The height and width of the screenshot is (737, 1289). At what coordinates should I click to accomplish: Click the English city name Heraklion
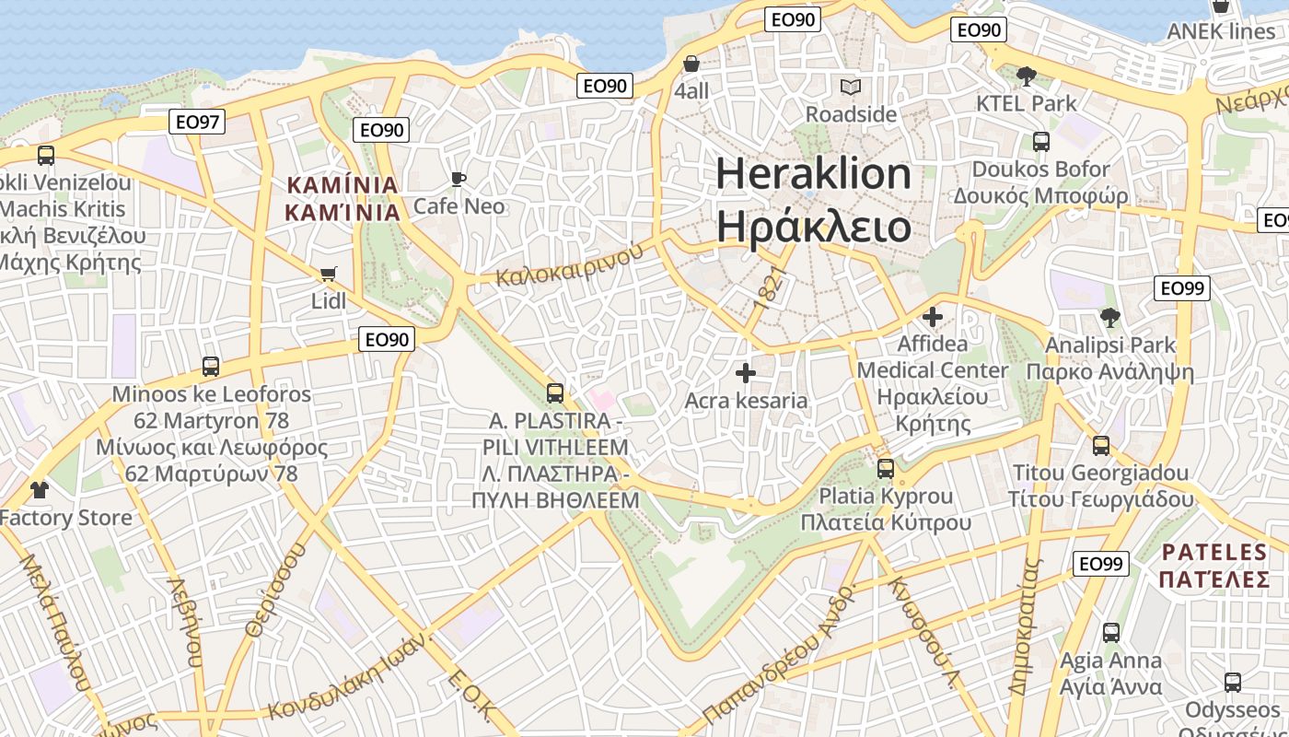pyautogui.click(x=814, y=173)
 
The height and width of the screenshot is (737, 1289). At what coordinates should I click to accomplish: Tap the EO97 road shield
pyautogui.click(x=197, y=121)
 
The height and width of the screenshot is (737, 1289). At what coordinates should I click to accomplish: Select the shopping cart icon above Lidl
pyautogui.click(x=328, y=274)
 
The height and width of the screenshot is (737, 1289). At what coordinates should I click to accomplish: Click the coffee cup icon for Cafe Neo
pyautogui.click(x=459, y=179)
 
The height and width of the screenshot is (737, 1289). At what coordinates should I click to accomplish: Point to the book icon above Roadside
pyautogui.click(x=851, y=88)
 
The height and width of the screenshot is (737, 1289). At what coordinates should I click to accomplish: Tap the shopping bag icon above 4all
pyautogui.click(x=691, y=64)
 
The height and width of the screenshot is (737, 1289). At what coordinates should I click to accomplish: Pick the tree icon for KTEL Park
pyautogui.click(x=1027, y=76)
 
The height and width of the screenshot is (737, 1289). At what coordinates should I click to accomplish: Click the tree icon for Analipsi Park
pyautogui.click(x=1110, y=318)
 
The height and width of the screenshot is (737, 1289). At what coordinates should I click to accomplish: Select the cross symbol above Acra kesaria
pyautogui.click(x=746, y=373)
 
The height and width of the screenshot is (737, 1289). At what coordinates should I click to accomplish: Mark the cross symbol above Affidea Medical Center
pyautogui.click(x=933, y=317)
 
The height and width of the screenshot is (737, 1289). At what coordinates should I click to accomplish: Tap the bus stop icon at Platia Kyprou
pyautogui.click(x=886, y=468)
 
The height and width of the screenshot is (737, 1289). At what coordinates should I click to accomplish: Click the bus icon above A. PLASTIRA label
pyautogui.click(x=555, y=393)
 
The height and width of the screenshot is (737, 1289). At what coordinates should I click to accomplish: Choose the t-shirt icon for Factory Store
pyautogui.click(x=39, y=489)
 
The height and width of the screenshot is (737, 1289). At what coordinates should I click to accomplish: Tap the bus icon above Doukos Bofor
pyautogui.click(x=1041, y=142)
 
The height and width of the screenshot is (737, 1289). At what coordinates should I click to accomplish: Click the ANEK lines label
pyautogui.click(x=1221, y=31)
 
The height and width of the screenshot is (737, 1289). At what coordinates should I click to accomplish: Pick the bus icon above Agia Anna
pyautogui.click(x=1111, y=633)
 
